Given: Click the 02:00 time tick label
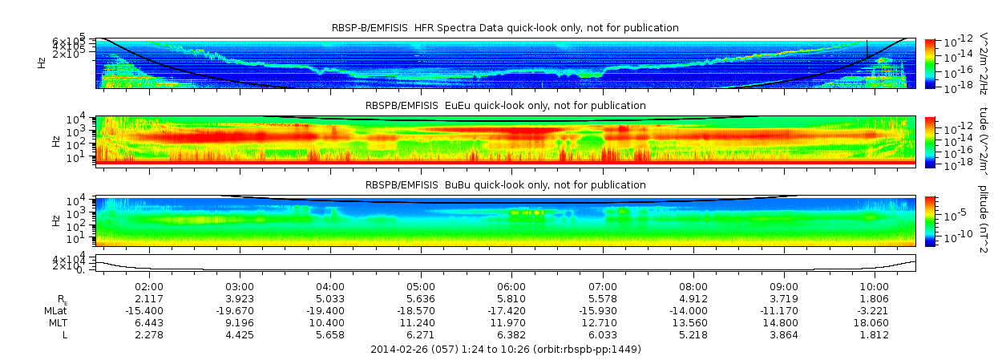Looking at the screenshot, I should (x=149, y=286).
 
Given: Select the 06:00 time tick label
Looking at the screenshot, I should (x=511, y=286).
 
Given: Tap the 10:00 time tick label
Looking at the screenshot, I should (x=875, y=286).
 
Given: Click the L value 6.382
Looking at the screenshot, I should (x=511, y=334).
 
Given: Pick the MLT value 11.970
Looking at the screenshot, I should (x=511, y=322).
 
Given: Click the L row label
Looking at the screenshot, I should (x=65, y=334).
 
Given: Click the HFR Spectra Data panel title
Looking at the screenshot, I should (x=505, y=28).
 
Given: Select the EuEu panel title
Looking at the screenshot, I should (x=505, y=106).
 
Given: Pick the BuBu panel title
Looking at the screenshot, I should (x=505, y=184).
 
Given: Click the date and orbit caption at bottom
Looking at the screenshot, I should (x=506, y=350).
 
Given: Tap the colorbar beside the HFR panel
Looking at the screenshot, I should (x=931, y=63).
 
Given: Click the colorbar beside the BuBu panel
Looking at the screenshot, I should (x=931, y=220).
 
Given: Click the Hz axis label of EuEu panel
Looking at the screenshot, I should (x=55, y=141).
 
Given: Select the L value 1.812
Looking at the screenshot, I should (x=875, y=334).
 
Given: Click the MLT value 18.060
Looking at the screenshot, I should (x=875, y=322).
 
